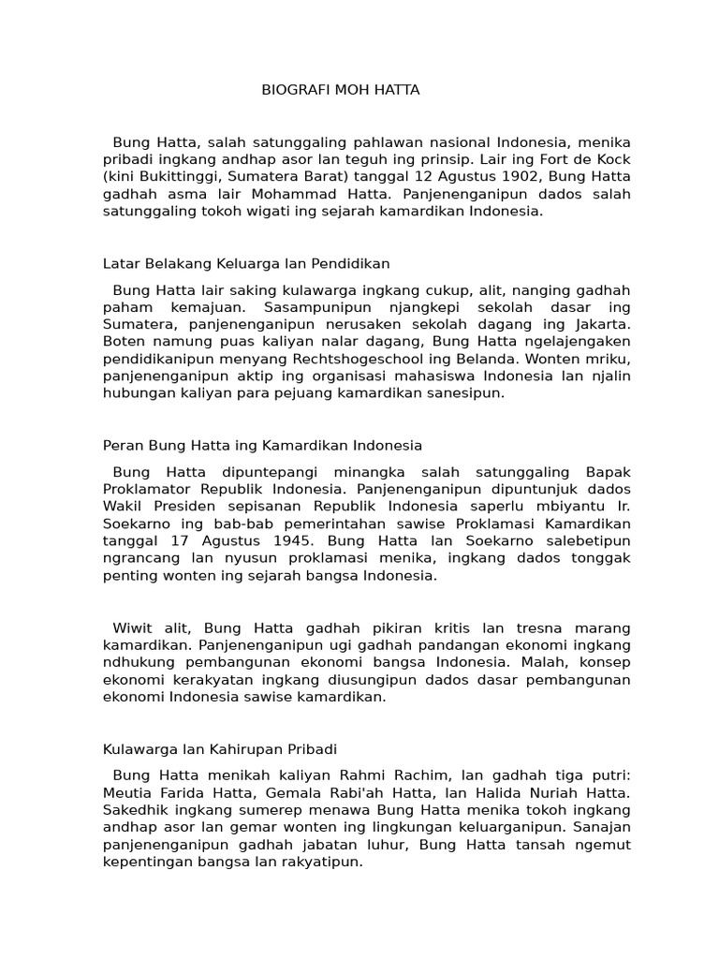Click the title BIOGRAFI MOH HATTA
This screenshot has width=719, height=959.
(x=340, y=90)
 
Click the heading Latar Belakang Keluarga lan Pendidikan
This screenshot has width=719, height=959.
(x=244, y=264)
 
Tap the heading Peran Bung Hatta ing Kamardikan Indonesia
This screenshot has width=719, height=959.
(x=261, y=445)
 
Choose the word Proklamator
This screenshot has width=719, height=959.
(x=145, y=489)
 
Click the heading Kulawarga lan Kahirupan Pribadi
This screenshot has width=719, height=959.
(x=219, y=750)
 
